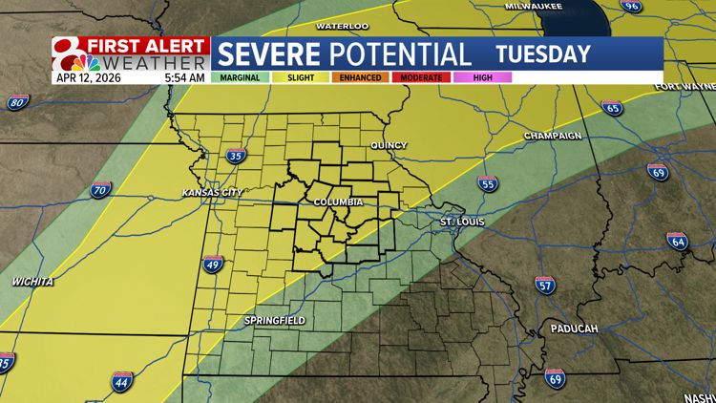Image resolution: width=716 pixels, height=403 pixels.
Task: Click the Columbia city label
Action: [338, 202]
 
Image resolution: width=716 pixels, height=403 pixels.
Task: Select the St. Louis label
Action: [462, 223]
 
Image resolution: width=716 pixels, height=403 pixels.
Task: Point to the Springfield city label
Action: [274, 321]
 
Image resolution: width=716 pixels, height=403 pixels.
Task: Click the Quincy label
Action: [389, 146]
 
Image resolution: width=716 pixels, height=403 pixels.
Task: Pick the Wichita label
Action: [32, 282]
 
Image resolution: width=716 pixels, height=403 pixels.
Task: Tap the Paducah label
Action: [574, 329]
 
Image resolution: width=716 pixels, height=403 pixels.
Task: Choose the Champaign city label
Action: [553, 137]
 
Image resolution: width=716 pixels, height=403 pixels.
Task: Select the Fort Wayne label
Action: [684, 87]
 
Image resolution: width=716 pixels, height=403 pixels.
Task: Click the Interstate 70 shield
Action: [101, 190]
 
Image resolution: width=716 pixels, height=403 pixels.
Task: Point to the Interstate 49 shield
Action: [213, 265]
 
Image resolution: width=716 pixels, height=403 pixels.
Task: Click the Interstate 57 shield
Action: [545, 285]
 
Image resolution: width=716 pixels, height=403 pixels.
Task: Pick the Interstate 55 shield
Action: [488, 183]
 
